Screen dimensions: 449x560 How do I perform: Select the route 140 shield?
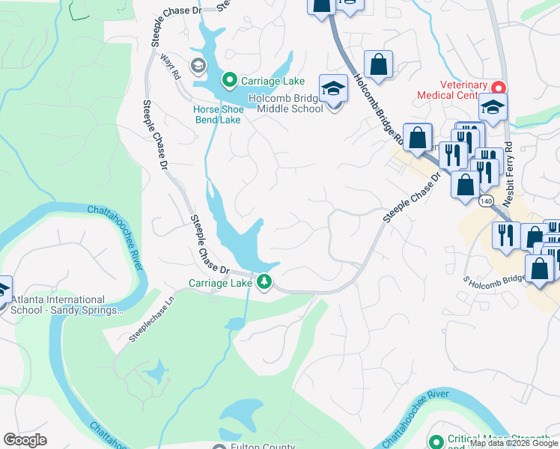(487, 201)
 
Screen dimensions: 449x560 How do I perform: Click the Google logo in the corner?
(25, 439)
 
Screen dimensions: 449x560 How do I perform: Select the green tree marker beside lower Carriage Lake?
(264, 282)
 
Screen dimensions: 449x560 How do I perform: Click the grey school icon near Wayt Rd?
(198, 66)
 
